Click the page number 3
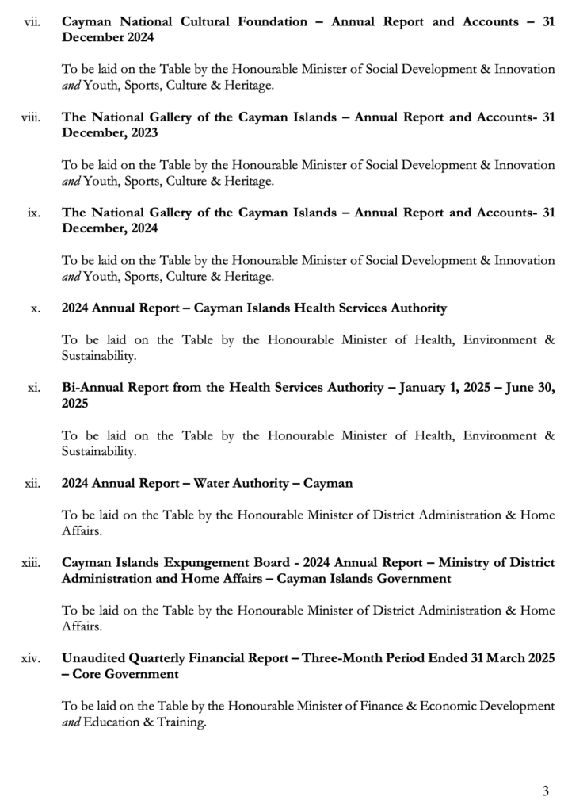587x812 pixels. click(x=546, y=791)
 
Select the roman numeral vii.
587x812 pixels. click(x=33, y=22)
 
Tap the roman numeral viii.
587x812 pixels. click(x=32, y=118)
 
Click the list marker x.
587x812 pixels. click(x=36, y=309)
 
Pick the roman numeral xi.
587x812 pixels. click(x=34, y=389)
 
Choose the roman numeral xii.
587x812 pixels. click(x=32, y=483)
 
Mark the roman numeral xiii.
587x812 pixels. click(x=32, y=563)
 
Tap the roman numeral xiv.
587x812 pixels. click(x=32, y=658)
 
